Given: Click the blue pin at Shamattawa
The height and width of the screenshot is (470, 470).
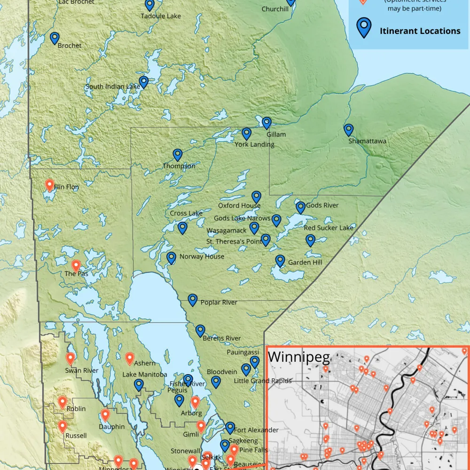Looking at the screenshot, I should (x=348, y=130).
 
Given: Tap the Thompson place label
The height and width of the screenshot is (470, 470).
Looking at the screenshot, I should (x=179, y=166).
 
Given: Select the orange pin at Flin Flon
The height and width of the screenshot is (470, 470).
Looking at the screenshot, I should (x=49, y=185).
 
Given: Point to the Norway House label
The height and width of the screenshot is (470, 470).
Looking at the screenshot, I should (x=202, y=257).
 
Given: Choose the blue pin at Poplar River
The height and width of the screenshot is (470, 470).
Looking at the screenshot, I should (x=192, y=300).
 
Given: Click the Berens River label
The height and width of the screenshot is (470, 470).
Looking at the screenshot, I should (x=221, y=338).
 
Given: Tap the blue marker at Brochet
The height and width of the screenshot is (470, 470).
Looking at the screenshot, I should (x=55, y=38).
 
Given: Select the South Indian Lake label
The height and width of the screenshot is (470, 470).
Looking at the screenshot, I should (x=112, y=86).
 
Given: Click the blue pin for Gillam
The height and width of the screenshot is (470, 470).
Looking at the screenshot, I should (x=266, y=123).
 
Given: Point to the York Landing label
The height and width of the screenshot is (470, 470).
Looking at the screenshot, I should (x=254, y=144).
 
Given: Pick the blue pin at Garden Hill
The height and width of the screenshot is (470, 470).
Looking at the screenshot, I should (x=280, y=261).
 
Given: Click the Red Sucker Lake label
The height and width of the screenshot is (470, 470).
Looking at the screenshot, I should (x=328, y=228).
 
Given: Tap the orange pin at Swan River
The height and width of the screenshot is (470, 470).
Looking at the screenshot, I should (x=70, y=359).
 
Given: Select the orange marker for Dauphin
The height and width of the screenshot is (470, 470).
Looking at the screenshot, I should (x=105, y=415).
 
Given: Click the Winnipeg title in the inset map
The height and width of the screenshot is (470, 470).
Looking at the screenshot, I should (x=298, y=357).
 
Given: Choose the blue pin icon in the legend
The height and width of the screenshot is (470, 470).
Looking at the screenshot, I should (x=364, y=28).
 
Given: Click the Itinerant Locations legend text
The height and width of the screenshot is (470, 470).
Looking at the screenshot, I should (x=420, y=31).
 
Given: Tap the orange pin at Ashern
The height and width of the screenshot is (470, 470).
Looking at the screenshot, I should (x=130, y=359).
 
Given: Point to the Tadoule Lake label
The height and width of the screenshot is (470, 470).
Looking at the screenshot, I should (x=161, y=16).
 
